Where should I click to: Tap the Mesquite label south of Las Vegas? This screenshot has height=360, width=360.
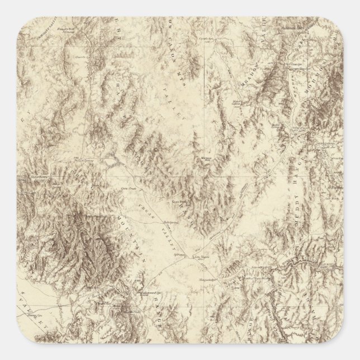click(x=207, y=279)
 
